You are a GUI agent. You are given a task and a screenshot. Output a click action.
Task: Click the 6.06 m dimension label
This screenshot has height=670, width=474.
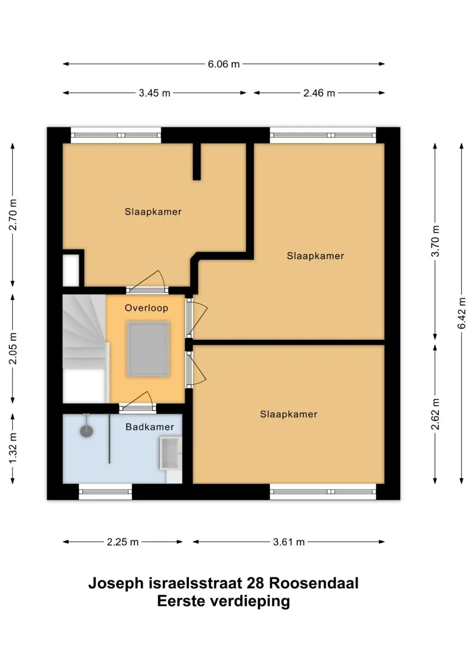[x=224, y=64]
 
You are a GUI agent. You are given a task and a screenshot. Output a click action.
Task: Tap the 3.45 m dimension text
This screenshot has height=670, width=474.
[x=154, y=93]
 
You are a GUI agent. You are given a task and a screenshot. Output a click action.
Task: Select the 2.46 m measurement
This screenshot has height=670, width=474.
[x=319, y=93]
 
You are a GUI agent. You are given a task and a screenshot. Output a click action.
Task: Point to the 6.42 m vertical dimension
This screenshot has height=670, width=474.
[x=462, y=313]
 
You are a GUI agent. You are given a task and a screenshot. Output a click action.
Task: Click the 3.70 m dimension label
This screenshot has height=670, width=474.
[x=436, y=241]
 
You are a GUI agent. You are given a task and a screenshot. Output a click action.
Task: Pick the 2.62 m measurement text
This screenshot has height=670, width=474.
[x=436, y=414]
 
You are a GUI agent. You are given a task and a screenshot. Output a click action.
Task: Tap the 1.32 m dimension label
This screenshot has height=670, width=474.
[x=13, y=447]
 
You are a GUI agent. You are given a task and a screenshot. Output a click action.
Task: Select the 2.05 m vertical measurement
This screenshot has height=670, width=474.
[x=13, y=348]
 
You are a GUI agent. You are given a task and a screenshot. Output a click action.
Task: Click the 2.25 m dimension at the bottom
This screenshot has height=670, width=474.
[x=123, y=542]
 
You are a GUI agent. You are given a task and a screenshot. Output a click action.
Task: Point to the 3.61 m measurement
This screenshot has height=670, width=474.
[x=288, y=542]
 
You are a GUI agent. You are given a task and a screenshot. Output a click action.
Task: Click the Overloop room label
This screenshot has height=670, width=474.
[x=147, y=308]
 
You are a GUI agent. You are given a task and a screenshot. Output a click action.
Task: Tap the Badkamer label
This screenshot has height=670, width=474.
[x=150, y=427]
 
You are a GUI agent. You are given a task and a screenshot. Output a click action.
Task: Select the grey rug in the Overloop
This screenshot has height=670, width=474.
[x=149, y=349]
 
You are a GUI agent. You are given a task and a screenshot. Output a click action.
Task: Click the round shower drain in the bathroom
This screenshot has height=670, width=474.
[x=87, y=432]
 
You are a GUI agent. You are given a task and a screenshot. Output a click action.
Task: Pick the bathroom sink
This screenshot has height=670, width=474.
[x=170, y=453]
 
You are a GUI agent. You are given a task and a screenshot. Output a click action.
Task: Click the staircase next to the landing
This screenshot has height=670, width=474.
[x=85, y=349]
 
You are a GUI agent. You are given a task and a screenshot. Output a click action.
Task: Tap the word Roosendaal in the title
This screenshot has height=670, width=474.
[x=314, y=583]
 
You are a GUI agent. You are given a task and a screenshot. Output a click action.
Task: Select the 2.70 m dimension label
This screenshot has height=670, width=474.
[x=13, y=215]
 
